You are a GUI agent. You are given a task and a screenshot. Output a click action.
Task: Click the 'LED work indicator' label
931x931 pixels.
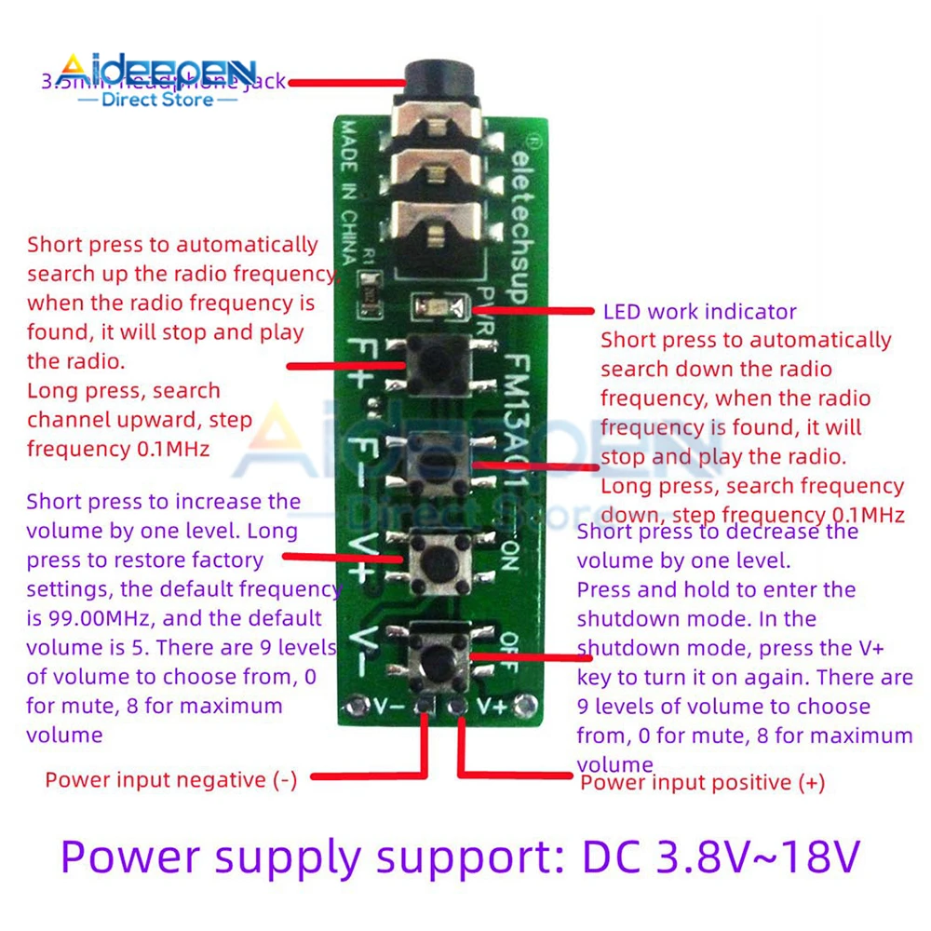click(699, 312)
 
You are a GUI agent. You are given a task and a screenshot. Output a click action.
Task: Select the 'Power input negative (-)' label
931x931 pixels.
click(171, 780)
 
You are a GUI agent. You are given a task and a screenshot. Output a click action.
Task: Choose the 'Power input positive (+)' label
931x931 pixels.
click(703, 783)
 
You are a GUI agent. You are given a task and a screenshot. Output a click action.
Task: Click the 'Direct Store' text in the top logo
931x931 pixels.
click(157, 99)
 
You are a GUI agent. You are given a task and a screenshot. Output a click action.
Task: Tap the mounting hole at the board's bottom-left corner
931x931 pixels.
click(352, 706)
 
